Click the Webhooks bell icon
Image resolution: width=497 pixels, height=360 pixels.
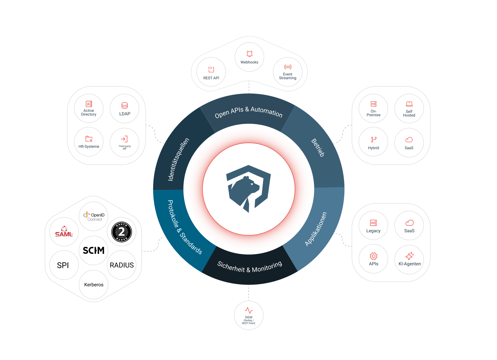pyautogui.click(x=250, y=54)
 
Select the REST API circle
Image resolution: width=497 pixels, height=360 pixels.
pyautogui.click(x=211, y=72)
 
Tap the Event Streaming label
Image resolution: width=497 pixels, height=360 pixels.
pyautogui.click(x=288, y=76)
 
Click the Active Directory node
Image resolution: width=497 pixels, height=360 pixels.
pyautogui.click(x=89, y=108)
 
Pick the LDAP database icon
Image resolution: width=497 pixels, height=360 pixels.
pyautogui.click(x=125, y=105)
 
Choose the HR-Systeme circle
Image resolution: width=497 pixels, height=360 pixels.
pyautogui.click(x=89, y=142)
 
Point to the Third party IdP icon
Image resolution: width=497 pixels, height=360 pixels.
pyautogui.click(x=124, y=139)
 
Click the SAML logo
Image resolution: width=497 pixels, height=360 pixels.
pyautogui.click(x=64, y=232)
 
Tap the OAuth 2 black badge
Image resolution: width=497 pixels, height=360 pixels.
pyautogui.click(x=122, y=232)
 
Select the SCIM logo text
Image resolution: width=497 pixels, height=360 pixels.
pyautogui.click(x=93, y=250)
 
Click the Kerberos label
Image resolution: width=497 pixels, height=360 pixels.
pyautogui.click(x=94, y=285)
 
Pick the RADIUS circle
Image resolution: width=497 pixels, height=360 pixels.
pyautogui.click(x=122, y=265)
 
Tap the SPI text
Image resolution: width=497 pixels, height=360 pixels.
pyautogui.click(x=63, y=265)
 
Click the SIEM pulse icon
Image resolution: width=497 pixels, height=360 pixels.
pyautogui.click(x=249, y=310)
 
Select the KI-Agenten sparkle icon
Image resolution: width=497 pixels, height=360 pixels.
pyautogui.click(x=410, y=256)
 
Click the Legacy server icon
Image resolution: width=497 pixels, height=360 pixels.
pyautogui.click(x=373, y=223)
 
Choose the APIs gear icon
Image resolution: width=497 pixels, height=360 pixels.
pyautogui.click(x=374, y=256)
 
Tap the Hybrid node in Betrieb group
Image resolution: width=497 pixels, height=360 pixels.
pyautogui.click(x=374, y=142)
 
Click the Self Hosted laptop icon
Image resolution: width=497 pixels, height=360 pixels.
pyautogui.click(x=409, y=104)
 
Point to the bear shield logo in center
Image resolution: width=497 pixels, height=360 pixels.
pyautogui.click(x=248, y=189)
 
